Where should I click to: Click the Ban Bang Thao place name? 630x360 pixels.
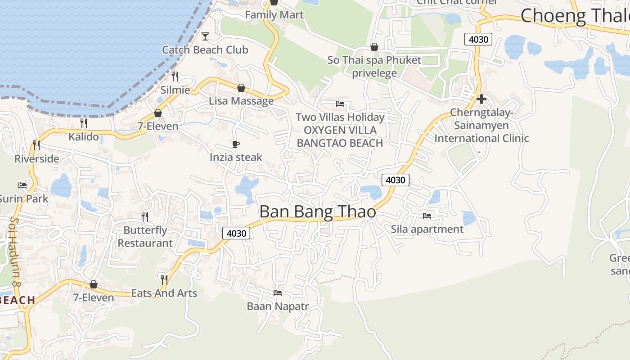click(x=318, y=211)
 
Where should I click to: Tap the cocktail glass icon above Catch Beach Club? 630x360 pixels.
click(x=205, y=36)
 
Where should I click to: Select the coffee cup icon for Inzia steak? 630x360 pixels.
click(x=235, y=144)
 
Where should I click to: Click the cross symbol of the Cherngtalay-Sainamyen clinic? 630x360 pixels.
click(x=481, y=99)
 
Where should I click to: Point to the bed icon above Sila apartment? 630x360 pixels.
click(x=427, y=216)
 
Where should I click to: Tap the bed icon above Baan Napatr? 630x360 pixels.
click(x=278, y=293)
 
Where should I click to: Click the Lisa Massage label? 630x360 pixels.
click(x=241, y=101)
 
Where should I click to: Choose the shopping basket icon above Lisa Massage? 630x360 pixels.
click(x=241, y=88)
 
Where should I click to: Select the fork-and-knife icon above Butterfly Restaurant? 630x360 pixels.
click(x=145, y=217)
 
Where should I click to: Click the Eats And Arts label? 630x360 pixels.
click(x=164, y=293)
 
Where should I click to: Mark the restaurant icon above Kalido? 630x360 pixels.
click(x=84, y=123)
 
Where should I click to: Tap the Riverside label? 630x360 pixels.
click(x=37, y=158)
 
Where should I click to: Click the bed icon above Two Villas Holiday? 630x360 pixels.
click(x=340, y=104)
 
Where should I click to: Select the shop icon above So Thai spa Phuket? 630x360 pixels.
click(x=374, y=47)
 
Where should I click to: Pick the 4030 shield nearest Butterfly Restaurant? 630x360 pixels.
click(x=236, y=233)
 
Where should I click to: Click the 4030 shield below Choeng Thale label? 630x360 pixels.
click(x=478, y=39)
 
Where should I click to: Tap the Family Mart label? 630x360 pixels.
click(x=274, y=15)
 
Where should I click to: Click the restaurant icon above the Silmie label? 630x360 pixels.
click(x=175, y=76)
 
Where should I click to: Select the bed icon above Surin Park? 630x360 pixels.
click(x=22, y=185)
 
